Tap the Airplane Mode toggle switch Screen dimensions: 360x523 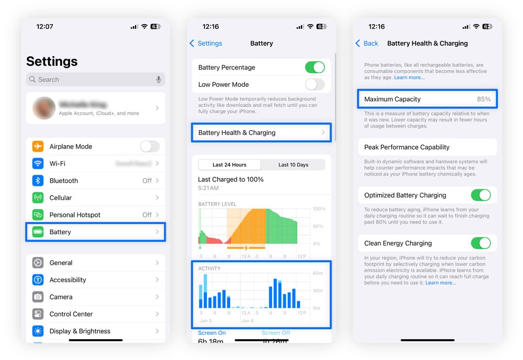pos(150,147)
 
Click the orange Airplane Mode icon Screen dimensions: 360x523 pos(38,147)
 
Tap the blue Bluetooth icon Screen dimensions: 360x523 pos(38,181)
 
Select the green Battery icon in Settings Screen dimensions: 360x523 pos(38,232)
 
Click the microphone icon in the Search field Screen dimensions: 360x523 pos(158,80)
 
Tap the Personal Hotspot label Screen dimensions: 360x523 pos(75,215)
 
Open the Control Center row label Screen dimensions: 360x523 pos(71,314)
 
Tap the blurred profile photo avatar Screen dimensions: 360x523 pos(44,108)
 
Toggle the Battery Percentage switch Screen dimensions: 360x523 pos(315,67)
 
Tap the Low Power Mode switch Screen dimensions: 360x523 pos(315,84)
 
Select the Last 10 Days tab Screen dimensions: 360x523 pos(293,165)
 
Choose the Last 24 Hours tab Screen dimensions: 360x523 pos(230,165)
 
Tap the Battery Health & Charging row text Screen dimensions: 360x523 pos(237,133)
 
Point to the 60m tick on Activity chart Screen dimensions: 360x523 pos(317,273)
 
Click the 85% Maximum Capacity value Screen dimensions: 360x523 pos(484,99)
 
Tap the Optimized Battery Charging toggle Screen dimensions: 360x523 pos(481,195)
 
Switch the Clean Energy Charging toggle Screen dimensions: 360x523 pos(481,243)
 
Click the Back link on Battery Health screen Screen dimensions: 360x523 pos(367,43)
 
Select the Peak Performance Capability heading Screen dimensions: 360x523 pos(407,147)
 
